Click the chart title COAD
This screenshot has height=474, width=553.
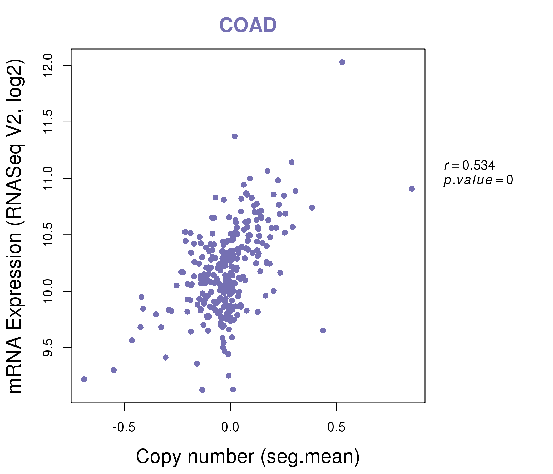[248, 25]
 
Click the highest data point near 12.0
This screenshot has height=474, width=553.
[342, 62]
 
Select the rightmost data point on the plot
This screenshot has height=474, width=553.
[412, 189]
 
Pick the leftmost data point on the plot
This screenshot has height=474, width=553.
[84, 379]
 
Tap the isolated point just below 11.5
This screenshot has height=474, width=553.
[235, 136]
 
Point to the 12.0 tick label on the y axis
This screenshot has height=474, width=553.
[48, 66]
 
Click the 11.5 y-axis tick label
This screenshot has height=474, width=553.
[48, 122]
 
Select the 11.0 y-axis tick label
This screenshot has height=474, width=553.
[48, 178]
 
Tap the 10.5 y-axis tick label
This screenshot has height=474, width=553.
[48, 235]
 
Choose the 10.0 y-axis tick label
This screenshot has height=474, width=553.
[48, 291]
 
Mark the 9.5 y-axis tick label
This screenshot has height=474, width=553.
[48, 348]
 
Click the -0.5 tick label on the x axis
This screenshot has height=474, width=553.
[124, 427]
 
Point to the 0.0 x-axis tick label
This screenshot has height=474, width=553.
[230, 427]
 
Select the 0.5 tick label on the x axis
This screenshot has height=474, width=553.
[336, 427]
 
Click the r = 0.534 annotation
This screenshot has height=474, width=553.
[470, 165]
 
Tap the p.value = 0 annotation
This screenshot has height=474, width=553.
[478, 180]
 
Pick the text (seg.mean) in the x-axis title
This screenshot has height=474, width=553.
[310, 457]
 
